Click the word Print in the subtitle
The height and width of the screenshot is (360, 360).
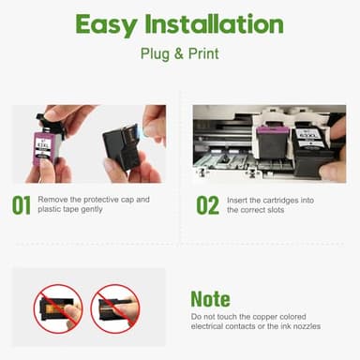click(x=202, y=54)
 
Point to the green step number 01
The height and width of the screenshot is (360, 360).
click(x=22, y=205)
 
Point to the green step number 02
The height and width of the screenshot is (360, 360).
click(x=208, y=205)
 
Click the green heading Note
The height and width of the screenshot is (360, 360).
click(x=210, y=299)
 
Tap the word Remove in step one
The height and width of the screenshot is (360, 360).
click(x=53, y=200)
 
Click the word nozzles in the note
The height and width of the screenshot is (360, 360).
click(x=300, y=326)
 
